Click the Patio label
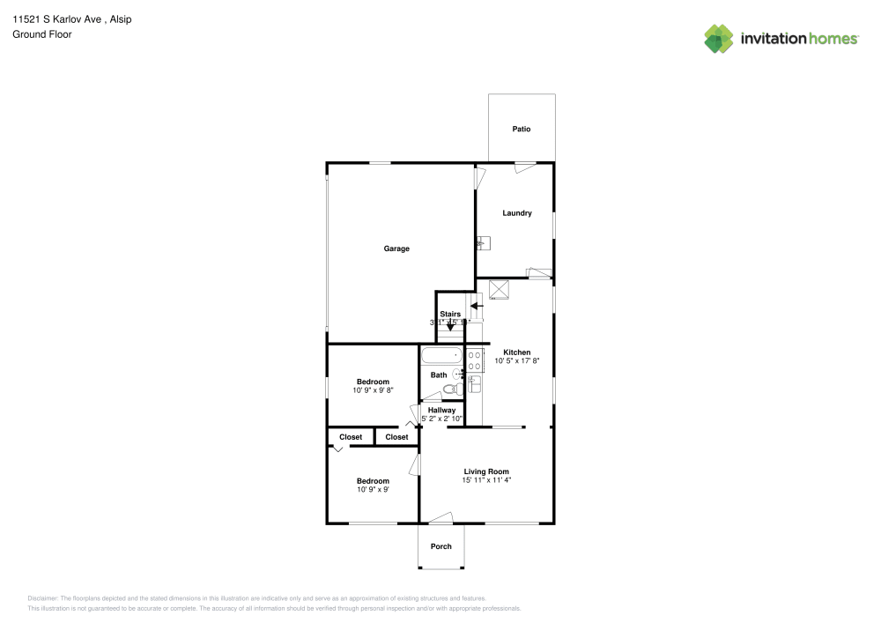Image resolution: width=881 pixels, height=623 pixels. [522, 129]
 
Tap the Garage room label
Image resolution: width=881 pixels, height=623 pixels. [396, 248]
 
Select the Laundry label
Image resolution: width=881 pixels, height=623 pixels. [517, 212]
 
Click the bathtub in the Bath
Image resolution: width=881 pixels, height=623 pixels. [440, 357]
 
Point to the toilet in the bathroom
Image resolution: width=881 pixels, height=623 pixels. [451, 389]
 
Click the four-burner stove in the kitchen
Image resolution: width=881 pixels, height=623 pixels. [475, 359]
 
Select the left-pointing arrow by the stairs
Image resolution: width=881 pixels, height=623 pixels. [475, 306]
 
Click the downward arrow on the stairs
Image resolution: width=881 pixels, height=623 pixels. [451, 326]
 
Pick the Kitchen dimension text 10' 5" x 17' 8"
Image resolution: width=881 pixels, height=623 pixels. [517, 360]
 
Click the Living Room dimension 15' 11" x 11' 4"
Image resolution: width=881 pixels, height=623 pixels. [486, 480]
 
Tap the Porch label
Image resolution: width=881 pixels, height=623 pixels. [440, 546]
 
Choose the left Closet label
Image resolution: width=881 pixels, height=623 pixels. [351, 437]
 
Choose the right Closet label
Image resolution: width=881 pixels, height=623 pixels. [396, 437]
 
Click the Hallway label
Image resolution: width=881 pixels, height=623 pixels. [441, 410]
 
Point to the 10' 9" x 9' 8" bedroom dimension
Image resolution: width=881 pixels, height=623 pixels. [372, 389]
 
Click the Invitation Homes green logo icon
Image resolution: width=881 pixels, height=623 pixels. [718, 38]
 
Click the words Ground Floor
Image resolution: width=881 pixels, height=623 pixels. [42, 34]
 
